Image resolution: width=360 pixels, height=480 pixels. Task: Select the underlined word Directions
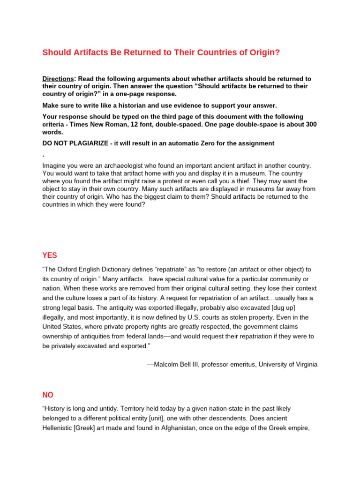[x=58, y=79]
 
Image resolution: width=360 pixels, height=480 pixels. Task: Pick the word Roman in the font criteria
[x=113, y=124]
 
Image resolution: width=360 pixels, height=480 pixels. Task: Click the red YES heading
[x=50, y=255]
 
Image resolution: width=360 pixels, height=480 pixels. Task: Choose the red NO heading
[x=48, y=396]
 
